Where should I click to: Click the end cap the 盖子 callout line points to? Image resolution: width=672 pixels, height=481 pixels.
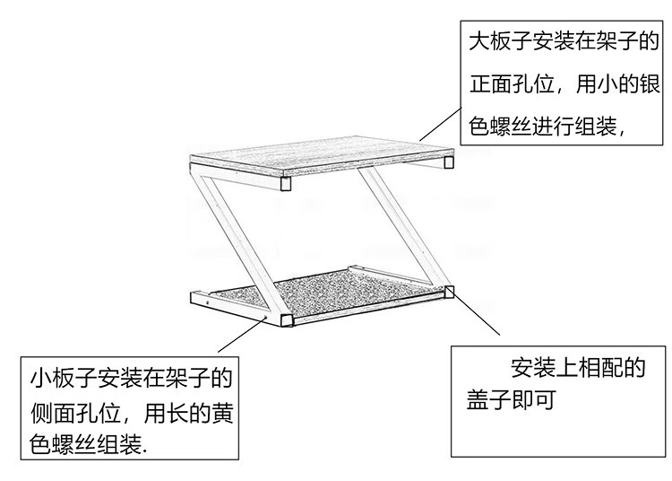449,291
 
